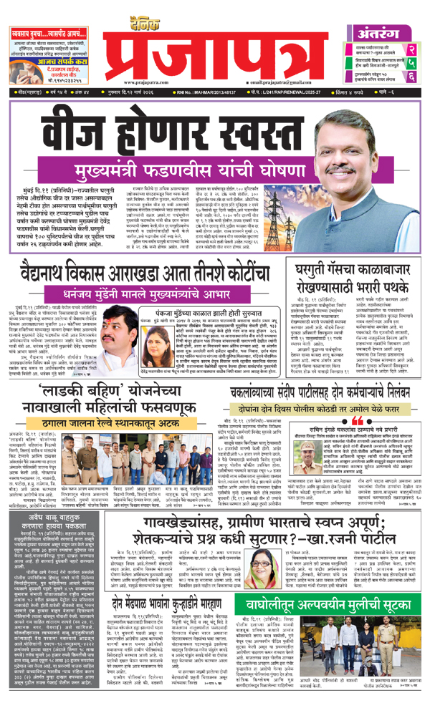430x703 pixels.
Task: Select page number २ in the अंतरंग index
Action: [x=412, y=49]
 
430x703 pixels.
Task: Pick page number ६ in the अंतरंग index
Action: [x=412, y=79]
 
